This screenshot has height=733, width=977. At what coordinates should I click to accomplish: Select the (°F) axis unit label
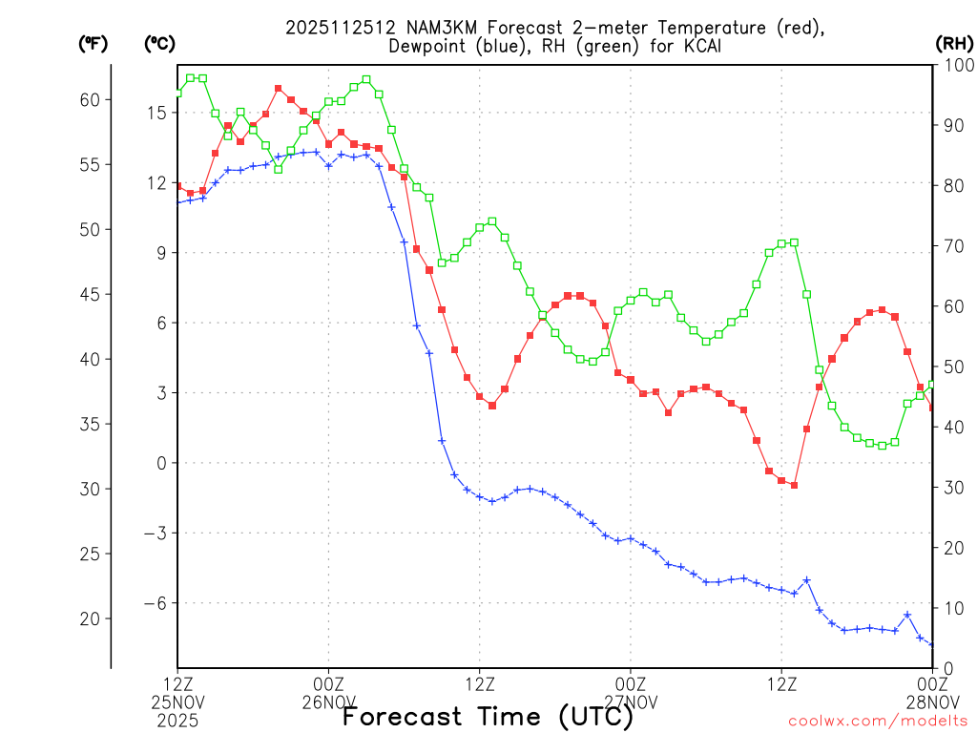coord(93,43)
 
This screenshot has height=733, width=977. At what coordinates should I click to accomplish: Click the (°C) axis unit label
coord(159,43)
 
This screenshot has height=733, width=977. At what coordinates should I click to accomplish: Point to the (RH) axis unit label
coord(954,43)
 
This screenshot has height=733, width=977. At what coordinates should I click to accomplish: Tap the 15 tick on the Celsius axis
coord(156,113)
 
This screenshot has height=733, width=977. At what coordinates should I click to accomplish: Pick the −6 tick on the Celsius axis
coord(155,603)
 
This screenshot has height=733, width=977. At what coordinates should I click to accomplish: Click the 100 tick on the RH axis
coord(957,65)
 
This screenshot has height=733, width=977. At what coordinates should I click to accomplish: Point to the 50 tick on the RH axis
coord(953,366)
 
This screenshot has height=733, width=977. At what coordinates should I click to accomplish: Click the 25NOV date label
coord(178,702)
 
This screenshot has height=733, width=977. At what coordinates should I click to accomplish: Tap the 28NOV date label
coord(932,702)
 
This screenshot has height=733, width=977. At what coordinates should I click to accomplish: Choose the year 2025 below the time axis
coord(178,721)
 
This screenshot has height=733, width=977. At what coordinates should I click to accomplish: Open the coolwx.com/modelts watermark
coord(878,721)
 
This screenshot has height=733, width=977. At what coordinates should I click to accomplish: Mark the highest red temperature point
coord(279,89)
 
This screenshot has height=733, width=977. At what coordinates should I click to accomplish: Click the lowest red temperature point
coord(794,486)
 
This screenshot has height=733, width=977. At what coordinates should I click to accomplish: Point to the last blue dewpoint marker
coord(932,644)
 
